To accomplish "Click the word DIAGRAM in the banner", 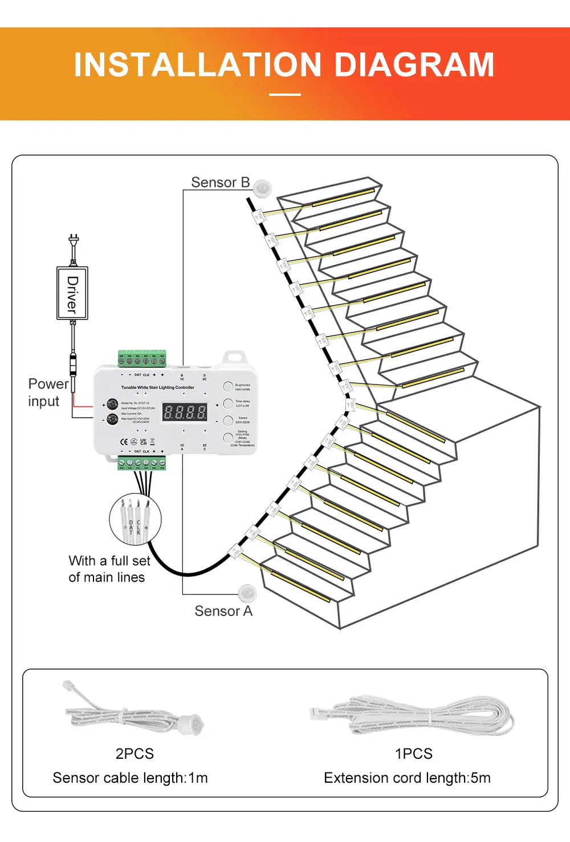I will pyautogui.click(x=414, y=64).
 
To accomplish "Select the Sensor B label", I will pyautogui.click(x=220, y=182).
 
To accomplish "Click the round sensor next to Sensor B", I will pyautogui.click(x=263, y=187).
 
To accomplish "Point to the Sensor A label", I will pyautogui.click(x=223, y=611).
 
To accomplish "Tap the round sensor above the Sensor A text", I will pyautogui.click(x=248, y=593).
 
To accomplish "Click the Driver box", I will pyautogui.click(x=72, y=293).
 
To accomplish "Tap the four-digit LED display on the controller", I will pyautogui.click(x=185, y=412).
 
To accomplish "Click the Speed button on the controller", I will pyautogui.click(x=228, y=420).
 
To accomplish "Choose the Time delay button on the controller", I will pyautogui.click(x=228, y=403).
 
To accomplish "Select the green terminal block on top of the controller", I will pyautogui.click(x=142, y=359).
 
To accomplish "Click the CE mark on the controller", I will pyautogui.click(x=124, y=442).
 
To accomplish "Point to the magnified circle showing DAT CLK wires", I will pyautogui.click(x=135, y=519).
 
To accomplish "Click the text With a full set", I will pyautogui.click(x=109, y=561).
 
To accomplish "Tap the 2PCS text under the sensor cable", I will pyautogui.click(x=135, y=754).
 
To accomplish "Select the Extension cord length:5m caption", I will pyautogui.click(x=407, y=778).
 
